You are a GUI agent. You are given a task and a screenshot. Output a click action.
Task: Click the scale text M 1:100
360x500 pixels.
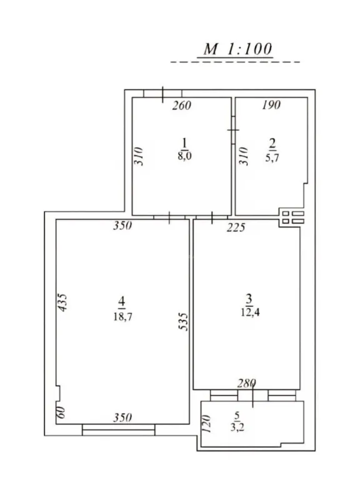click(237, 49)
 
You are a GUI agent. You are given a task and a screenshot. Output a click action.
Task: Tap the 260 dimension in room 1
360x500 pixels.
click(181, 105)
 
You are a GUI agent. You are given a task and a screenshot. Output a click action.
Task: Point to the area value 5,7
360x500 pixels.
click(272, 158)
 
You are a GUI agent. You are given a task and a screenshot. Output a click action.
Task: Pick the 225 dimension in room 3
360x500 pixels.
click(236, 227)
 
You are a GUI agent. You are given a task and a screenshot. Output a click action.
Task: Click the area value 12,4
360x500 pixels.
click(248, 311)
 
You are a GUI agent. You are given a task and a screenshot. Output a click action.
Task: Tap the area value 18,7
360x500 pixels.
click(122, 317)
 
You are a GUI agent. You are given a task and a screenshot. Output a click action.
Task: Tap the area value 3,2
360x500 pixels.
click(237, 428)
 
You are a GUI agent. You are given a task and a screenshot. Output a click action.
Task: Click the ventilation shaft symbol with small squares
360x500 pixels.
click(292, 217)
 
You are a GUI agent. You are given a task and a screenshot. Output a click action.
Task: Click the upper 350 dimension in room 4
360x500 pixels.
click(122, 226)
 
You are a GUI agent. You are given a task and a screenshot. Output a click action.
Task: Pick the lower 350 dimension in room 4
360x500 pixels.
click(122, 417)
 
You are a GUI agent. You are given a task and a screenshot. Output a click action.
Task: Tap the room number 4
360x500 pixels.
click(122, 302)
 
